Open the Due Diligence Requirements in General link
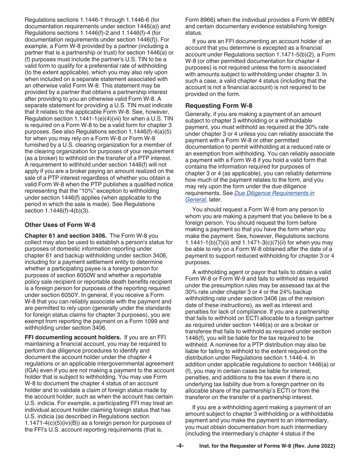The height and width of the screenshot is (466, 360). pos(274,193)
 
